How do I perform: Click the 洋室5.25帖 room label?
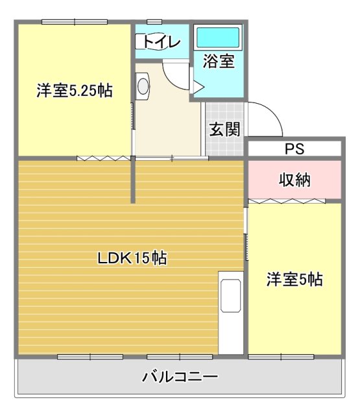pos(75,91)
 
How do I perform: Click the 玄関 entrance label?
pos(224,128)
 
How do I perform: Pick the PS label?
pos(294,149)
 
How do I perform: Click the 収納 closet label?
pos(294,178)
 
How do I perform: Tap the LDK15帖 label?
pos(132,258)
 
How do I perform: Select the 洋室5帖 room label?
pos(294,280)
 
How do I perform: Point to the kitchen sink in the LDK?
pos(230,295)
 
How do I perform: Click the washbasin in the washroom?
pos(143,85)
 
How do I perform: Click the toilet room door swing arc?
pos(175,75)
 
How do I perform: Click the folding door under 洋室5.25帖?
pos(104,158)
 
